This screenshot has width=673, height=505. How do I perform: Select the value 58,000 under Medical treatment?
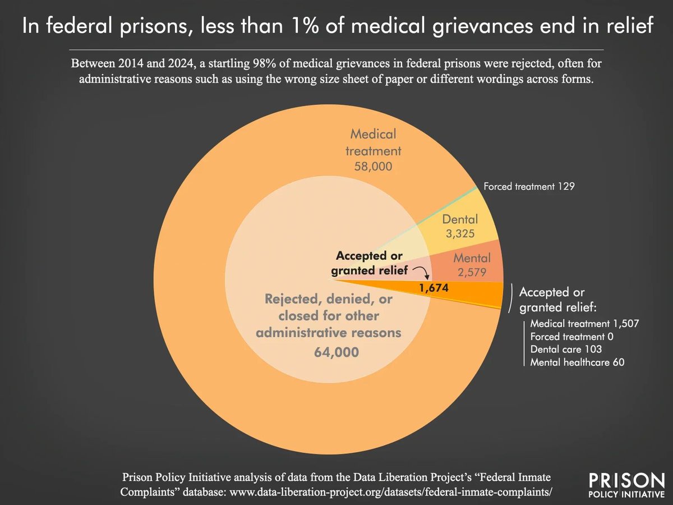pos(373,167)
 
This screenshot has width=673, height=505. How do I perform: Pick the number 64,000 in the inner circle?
pos(336,352)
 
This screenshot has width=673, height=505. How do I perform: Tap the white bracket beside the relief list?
pos(511,298)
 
